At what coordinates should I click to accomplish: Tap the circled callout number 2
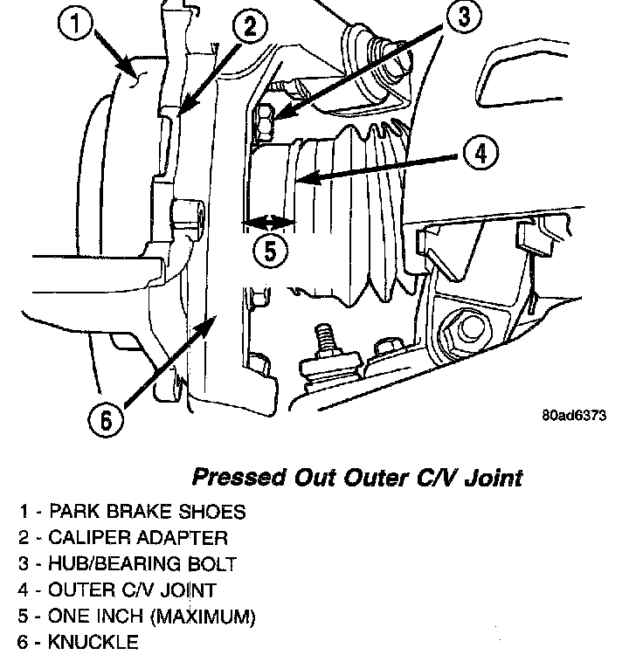click(x=250, y=27)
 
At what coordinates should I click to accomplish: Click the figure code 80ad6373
click(x=572, y=417)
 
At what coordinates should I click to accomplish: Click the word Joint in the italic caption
click(x=493, y=478)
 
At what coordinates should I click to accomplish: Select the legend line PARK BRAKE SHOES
click(x=146, y=512)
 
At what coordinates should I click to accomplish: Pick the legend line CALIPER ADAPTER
click(x=137, y=538)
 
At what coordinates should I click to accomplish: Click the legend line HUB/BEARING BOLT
click(x=142, y=564)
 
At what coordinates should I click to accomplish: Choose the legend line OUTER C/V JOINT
click(x=132, y=590)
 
